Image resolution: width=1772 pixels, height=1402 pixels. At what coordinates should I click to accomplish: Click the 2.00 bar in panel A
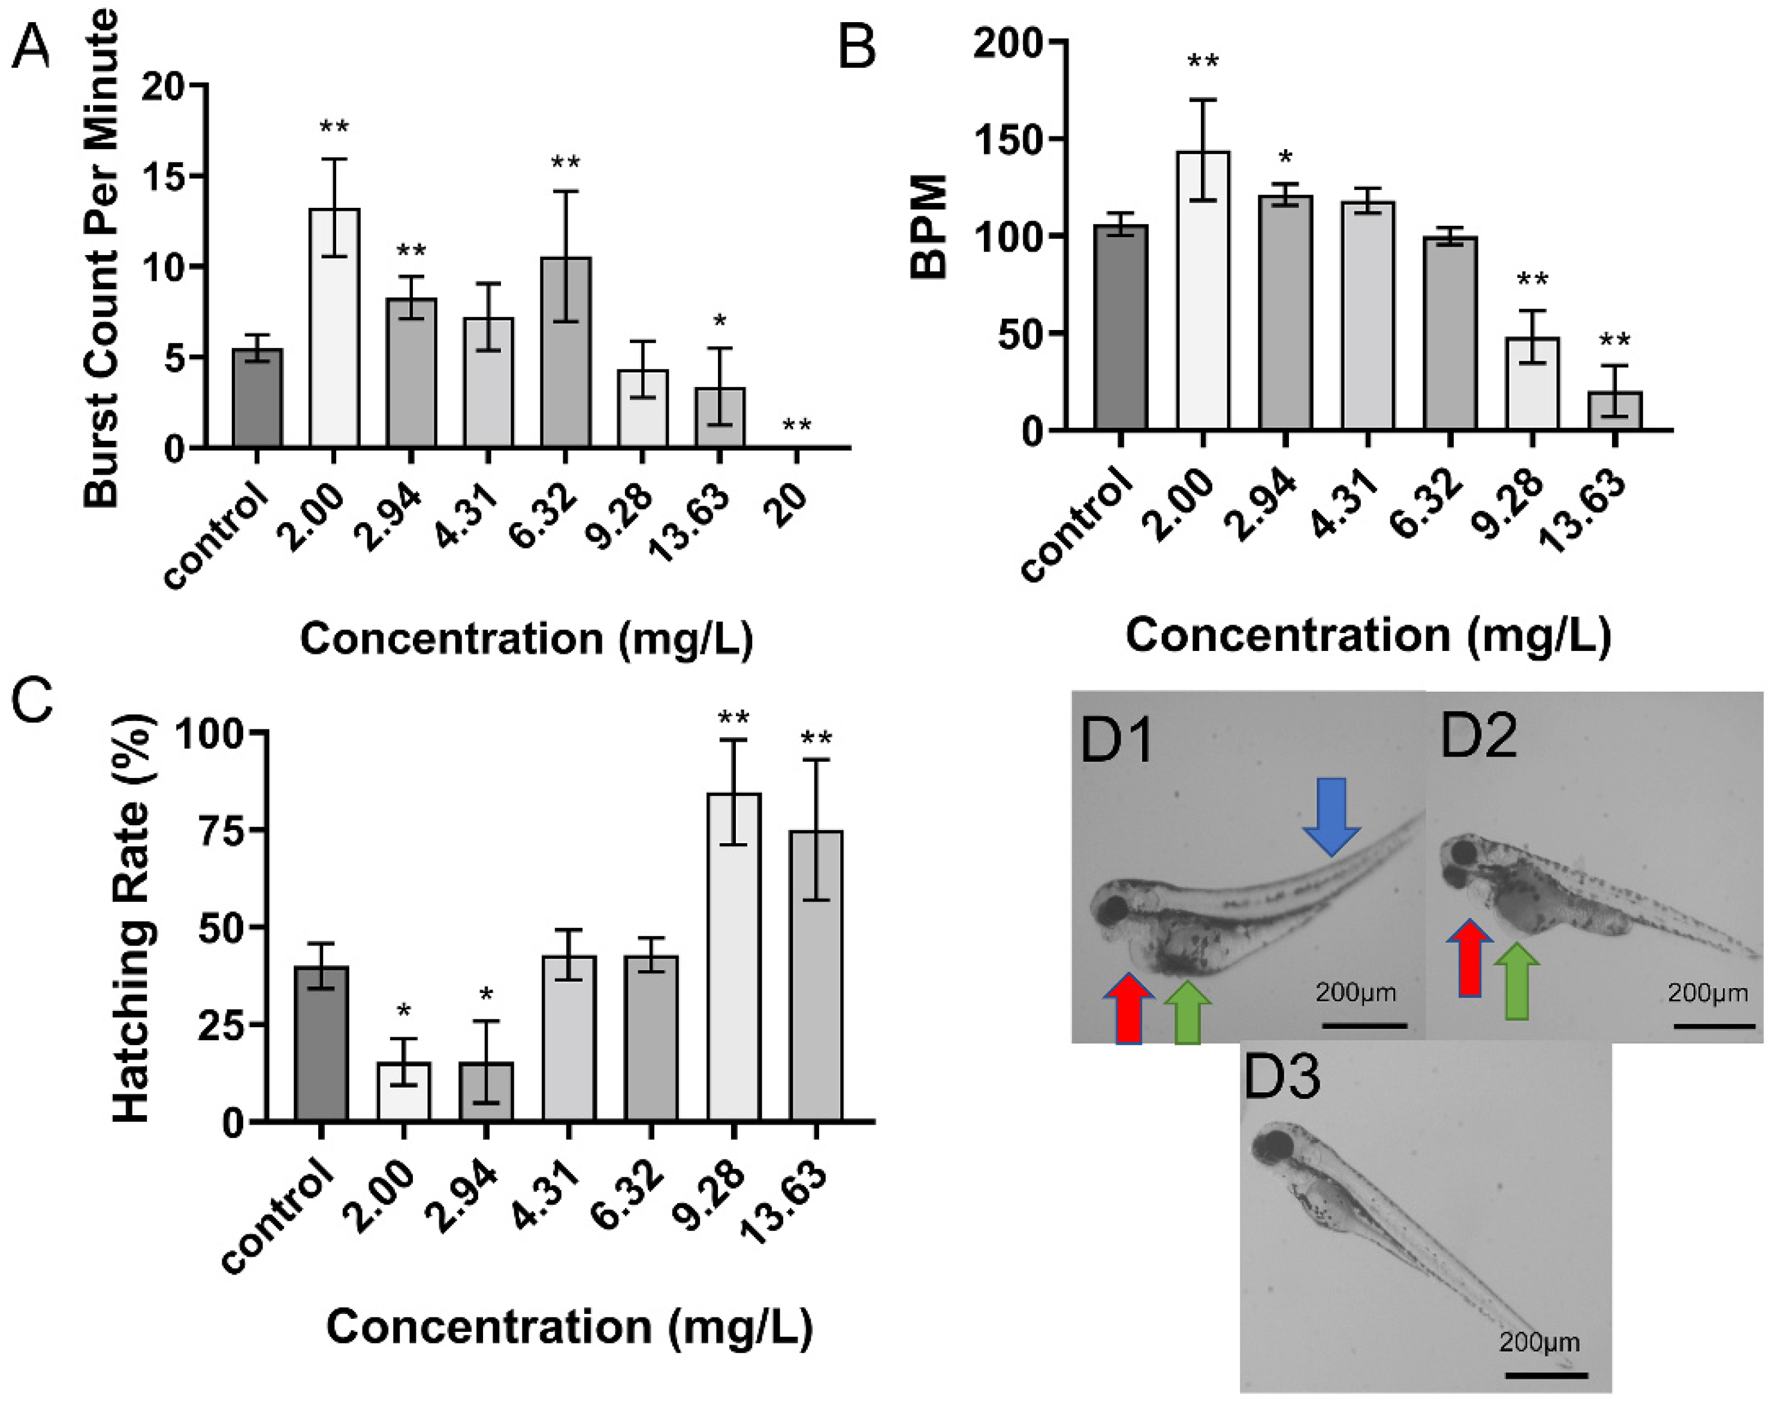coord(334,328)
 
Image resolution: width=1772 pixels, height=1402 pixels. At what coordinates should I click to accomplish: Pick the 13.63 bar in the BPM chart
coord(1614,410)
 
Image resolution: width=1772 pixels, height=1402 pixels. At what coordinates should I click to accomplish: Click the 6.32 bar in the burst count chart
coord(565,353)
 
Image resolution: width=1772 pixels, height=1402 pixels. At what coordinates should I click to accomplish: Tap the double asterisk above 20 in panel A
coord(796,425)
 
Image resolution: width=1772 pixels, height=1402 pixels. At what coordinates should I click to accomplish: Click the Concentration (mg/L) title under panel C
coord(569,1327)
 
